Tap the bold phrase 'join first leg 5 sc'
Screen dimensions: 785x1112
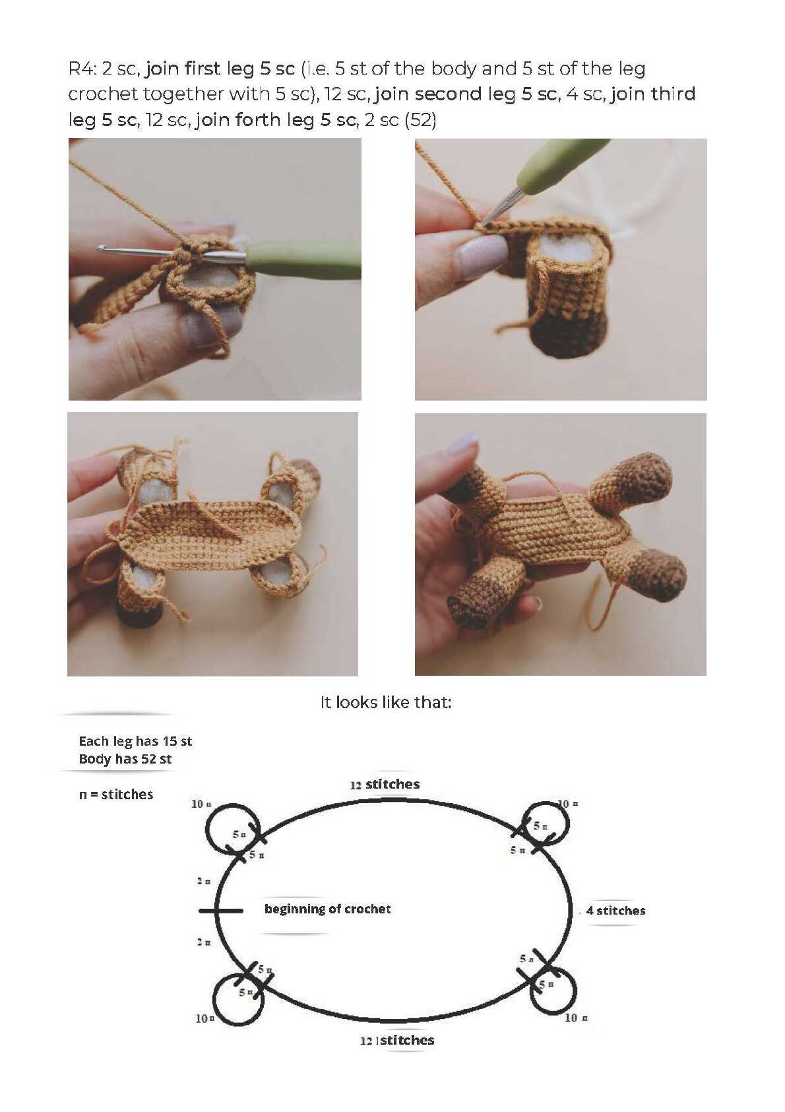point(220,69)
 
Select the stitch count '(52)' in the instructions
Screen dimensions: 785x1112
point(420,120)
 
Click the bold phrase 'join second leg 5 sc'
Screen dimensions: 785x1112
point(466,94)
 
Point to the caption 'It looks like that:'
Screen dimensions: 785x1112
point(385,702)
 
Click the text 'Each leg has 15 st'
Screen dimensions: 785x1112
point(135,742)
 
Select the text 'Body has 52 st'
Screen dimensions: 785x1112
point(125,759)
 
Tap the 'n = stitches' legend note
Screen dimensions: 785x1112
point(115,795)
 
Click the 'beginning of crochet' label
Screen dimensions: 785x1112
point(327,909)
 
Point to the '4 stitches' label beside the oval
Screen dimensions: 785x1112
point(615,911)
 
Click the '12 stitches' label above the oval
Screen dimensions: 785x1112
point(385,785)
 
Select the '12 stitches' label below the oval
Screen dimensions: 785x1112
point(397,1040)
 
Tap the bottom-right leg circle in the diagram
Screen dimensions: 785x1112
point(574,993)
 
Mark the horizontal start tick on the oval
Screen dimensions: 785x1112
point(221,911)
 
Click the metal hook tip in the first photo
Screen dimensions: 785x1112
point(101,247)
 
